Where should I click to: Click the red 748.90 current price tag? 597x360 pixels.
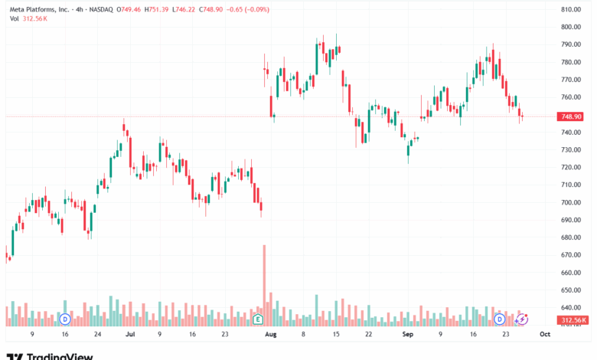(573, 116)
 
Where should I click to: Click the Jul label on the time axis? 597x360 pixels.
(129, 335)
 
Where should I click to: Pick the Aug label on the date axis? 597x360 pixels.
(269, 335)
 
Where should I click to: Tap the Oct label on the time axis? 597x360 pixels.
(544, 335)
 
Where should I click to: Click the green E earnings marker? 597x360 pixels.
(258, 318)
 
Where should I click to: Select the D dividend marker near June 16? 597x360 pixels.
(65, 318)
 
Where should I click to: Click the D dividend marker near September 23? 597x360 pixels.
(499, 318)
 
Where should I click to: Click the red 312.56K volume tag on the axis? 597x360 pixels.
(574, 320)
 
